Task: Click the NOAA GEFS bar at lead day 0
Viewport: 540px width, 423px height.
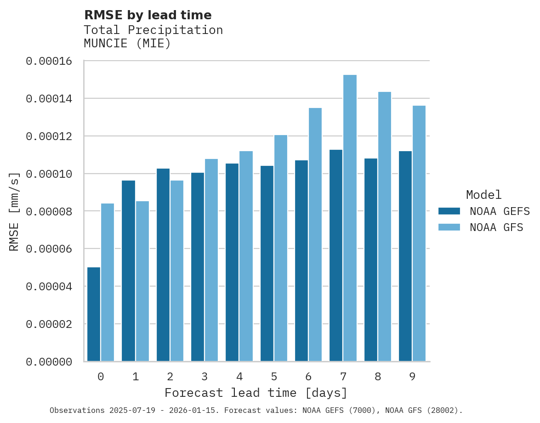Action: click(x=94, y=314)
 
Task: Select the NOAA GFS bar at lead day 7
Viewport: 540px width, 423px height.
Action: click(x=350, y=218)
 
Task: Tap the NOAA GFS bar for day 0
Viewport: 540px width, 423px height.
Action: click(x=108, y=282)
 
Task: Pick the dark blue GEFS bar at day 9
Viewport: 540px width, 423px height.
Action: click(x=405, y=256)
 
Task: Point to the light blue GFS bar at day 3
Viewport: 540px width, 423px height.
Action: click(x=211, y=260)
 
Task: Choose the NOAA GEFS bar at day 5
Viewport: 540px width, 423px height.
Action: click(x=267, y=264)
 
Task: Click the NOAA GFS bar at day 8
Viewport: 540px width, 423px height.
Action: click(x=385, y=226)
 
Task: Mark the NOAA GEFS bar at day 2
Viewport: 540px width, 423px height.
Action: click(x=163, y=265)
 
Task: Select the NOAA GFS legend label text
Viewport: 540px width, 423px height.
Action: click(x=496, y=227)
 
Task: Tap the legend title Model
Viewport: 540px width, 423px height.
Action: click(x=483, y=195)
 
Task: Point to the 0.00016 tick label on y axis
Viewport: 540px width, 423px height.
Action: click(x=49, y=61)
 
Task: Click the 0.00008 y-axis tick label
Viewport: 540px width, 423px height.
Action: click(x=49, y=212)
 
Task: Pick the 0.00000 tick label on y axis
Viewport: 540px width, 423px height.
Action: click(x=49, y=362)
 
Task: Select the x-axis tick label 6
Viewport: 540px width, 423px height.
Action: click(x=308, y=377)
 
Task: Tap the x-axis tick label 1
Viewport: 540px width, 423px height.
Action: click(x=136, y=377)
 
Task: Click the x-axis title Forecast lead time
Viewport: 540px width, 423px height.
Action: click(x=256, y=393)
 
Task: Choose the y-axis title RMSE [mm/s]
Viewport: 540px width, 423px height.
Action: click(x=15, y=211)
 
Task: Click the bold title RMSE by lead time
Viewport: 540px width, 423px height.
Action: click(x=148, y=15)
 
